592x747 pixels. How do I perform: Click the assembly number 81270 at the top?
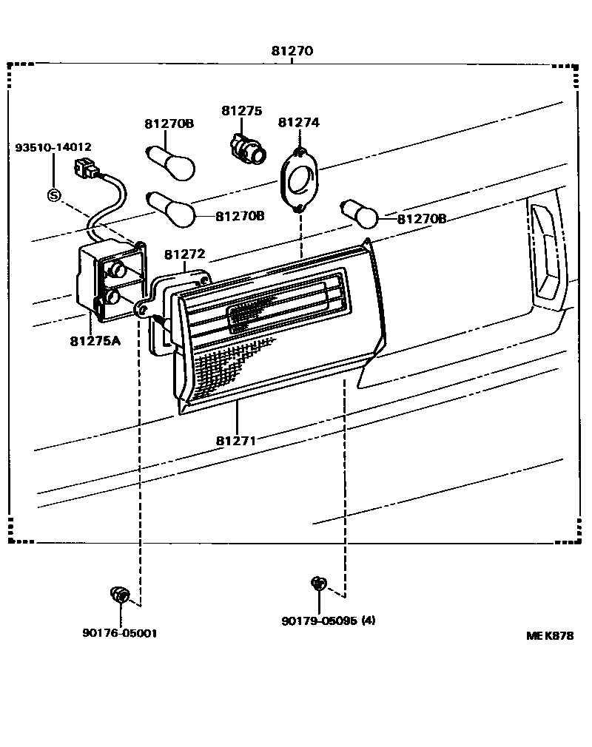coord(292,51)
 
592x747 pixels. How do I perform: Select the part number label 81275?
coord(241,110)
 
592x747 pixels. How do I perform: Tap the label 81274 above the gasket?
coord(299,123)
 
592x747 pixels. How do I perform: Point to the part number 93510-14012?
coord(53,147)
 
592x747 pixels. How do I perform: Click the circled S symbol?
coord(53,195)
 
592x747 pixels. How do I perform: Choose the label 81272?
coord(184,254)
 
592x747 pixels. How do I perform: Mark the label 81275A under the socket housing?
coord(95,341)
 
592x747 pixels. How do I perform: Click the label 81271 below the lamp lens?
coord(236,441)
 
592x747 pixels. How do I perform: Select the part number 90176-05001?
coord(119,633)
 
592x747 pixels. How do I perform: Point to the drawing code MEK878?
coord(550,635)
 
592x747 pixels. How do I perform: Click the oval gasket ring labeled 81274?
coord(299,180)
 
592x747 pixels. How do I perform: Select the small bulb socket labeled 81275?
coord(247,146)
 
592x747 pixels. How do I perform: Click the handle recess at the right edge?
coord(547,255)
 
